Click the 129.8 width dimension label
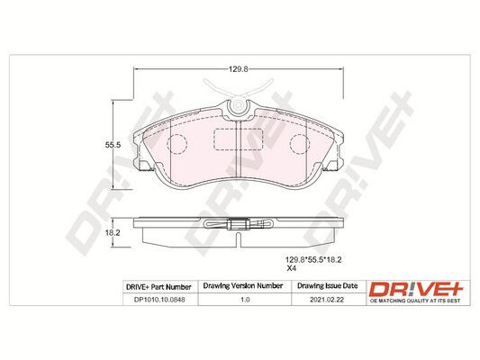(x=238, y=69)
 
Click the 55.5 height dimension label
(x=113, y=145)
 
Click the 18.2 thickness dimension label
(x=113, y=233)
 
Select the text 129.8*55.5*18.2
(x=313, y=260)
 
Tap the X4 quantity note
(x=292, y=268)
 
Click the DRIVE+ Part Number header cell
(x=158, y=287)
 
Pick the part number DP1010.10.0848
(x=159, y=300)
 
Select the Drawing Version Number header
(x=243, y=286)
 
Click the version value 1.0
(x=245, y=300)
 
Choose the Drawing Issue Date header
(x=328, y=286)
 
